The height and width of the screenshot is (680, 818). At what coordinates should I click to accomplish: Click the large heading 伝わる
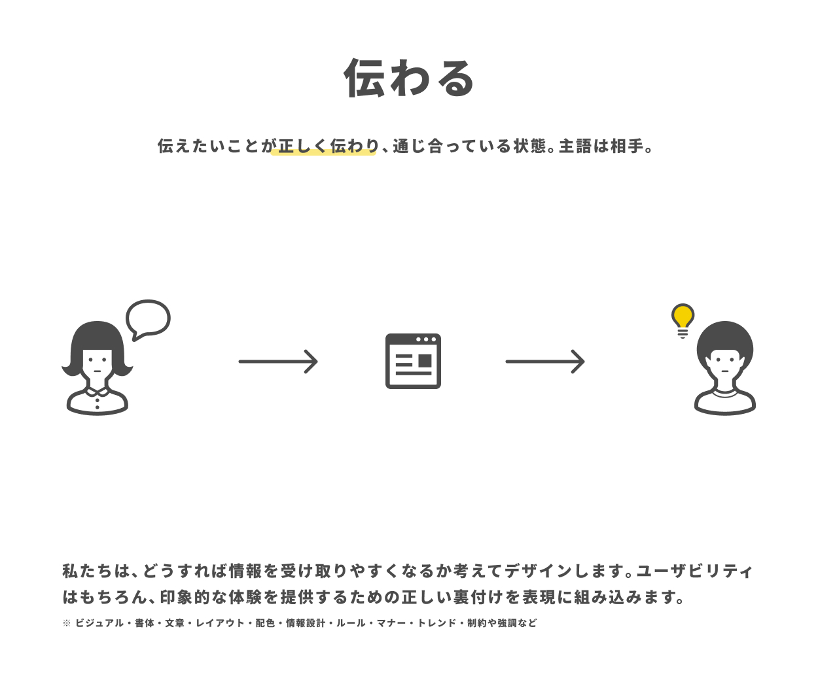click(410, 78)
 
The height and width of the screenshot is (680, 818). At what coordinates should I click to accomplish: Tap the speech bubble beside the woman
click(149, 318)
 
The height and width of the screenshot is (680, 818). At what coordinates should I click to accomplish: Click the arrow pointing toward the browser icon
click(278, 362)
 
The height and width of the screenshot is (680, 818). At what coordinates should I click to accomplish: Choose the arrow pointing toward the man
click(545, 362)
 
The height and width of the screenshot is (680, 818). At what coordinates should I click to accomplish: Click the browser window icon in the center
click(413, 362)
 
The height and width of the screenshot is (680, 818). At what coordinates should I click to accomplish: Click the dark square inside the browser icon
click(425, 361)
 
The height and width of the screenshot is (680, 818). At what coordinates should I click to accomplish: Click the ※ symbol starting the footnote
click(67, 623)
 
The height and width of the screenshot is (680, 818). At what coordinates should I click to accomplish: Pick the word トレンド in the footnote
click(436, 623)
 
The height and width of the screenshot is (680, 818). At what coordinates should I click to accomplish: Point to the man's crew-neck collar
click(725, 394)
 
